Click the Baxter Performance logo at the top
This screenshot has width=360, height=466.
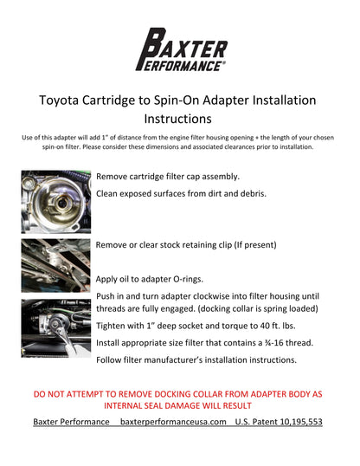[x=180, y=48]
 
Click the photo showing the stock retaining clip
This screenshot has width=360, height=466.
[x=55, y=263]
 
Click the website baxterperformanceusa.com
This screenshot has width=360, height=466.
[x=173, y=422]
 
